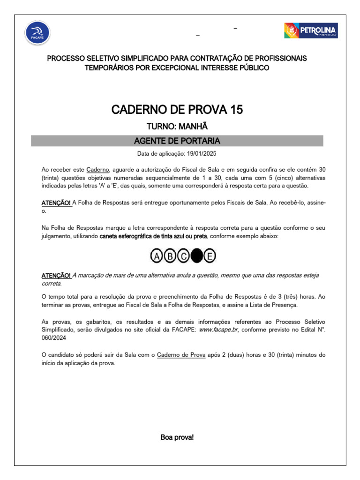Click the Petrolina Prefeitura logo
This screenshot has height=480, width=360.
(x=311, y=31)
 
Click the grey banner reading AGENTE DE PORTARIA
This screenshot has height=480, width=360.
(x=177, y=141)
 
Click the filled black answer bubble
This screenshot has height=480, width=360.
(x=197, y=256)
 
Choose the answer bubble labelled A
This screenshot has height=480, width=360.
(x=157, y=256)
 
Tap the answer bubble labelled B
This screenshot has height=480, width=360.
(x=170, y=256)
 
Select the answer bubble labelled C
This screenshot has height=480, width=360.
(x=184, y=256)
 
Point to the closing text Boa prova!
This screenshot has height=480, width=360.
(x=177, y=437)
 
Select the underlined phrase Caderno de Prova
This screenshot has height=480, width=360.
(x=181, y=355)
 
